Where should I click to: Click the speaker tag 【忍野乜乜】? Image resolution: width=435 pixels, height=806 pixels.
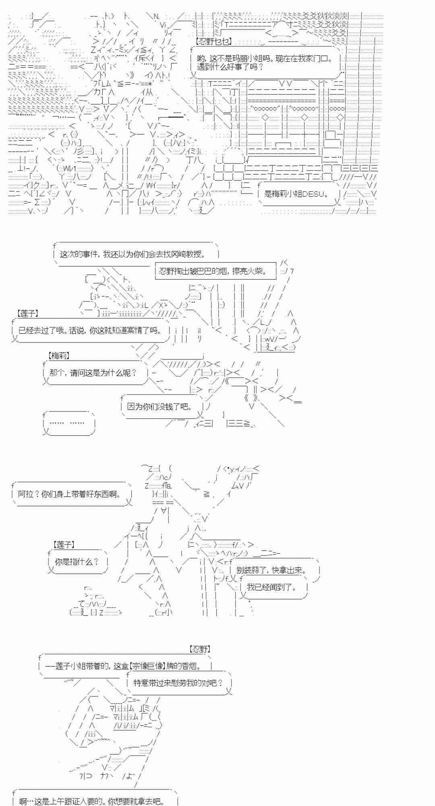[213, 42]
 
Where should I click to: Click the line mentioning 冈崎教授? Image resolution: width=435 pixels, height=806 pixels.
[133, 254]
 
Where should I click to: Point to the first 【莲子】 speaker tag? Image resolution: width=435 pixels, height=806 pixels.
[28, 313]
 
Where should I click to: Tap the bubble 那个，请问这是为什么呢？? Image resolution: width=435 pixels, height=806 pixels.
[93, 373]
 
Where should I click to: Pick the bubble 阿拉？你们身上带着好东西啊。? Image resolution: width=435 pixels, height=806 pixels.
[70, 494]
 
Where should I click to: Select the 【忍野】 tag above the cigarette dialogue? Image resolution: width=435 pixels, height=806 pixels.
[199, 649]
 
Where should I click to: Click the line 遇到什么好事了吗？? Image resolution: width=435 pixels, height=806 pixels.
[230, 67]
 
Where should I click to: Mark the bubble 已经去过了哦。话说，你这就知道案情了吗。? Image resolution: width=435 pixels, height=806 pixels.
[90, 330]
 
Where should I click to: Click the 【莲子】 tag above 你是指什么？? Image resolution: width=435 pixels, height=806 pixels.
[64, 545]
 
